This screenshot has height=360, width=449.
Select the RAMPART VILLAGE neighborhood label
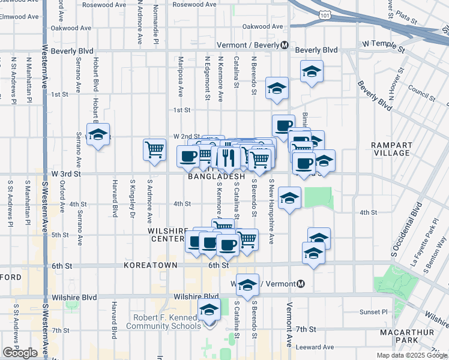pos(391,149)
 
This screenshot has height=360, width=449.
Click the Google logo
pos(20,353)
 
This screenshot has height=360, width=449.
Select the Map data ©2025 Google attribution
pos(412,355)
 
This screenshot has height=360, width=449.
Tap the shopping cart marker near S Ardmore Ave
pos(155,149)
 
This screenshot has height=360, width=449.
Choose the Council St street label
pos(420,91)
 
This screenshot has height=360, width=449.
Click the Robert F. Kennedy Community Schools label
pos(163,322)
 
